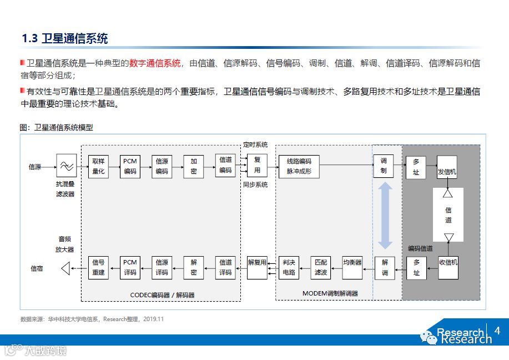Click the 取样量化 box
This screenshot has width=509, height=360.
point(98,166)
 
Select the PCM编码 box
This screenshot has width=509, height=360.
point(130,166)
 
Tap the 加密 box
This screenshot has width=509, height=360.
point(193,166)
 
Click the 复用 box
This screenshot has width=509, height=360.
point(257,166)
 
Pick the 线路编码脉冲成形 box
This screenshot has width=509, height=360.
point(299,166)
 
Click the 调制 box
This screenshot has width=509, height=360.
point(384,166)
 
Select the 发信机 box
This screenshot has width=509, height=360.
point(447,172)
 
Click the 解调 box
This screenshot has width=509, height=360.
point(385,268)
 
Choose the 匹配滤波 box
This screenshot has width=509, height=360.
point(321,268)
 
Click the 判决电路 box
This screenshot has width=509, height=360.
point(289,268)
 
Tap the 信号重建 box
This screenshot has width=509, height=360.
point(98,268)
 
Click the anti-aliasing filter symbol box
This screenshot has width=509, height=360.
point(67,166)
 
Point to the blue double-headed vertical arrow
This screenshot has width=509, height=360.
point(385,215)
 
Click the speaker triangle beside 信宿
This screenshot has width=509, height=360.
point(65,268)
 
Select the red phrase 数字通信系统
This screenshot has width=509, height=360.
point(155,63)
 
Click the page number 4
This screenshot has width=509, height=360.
point(497,331)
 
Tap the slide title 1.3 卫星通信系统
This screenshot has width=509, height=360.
point(64,38)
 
